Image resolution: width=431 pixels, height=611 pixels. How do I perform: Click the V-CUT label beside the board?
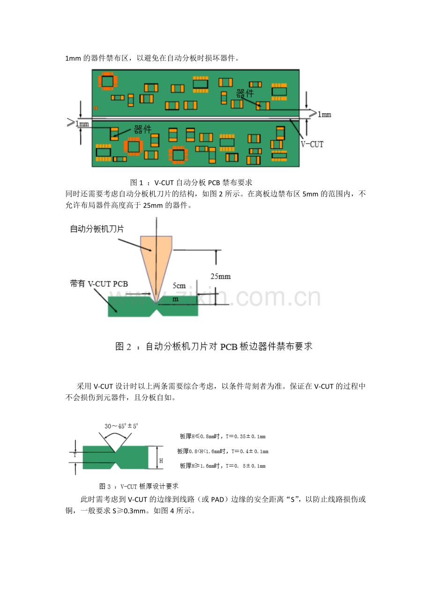point(312,144)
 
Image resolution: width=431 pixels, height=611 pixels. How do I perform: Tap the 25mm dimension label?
point(221,276)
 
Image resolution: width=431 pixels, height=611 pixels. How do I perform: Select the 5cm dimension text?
point(179,286)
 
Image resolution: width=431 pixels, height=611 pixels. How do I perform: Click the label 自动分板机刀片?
point(97,229)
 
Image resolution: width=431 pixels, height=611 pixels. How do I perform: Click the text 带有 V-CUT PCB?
point(99,284)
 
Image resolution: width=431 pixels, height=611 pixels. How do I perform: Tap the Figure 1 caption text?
point(191,182)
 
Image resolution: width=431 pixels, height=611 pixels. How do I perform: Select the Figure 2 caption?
point(214,346)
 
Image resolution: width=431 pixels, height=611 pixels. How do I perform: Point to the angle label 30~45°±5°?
point(121,426)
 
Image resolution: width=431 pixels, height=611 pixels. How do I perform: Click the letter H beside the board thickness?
point(161,461)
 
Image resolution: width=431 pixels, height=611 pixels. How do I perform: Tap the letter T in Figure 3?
point(75,455)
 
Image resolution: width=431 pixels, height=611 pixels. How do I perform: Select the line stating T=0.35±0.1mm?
point(223,436)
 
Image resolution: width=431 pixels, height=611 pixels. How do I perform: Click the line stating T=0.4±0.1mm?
point(223,451)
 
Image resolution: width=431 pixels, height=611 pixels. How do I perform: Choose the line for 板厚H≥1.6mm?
point(223,466)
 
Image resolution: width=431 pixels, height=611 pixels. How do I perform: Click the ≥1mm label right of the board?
point(320,114)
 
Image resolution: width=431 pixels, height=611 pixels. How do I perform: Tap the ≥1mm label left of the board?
point(78,123)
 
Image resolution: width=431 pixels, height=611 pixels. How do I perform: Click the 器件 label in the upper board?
point(245,93)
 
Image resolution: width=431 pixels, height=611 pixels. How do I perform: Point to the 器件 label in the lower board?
point(142,130)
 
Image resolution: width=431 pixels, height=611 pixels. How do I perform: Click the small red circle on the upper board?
point(96,108)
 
